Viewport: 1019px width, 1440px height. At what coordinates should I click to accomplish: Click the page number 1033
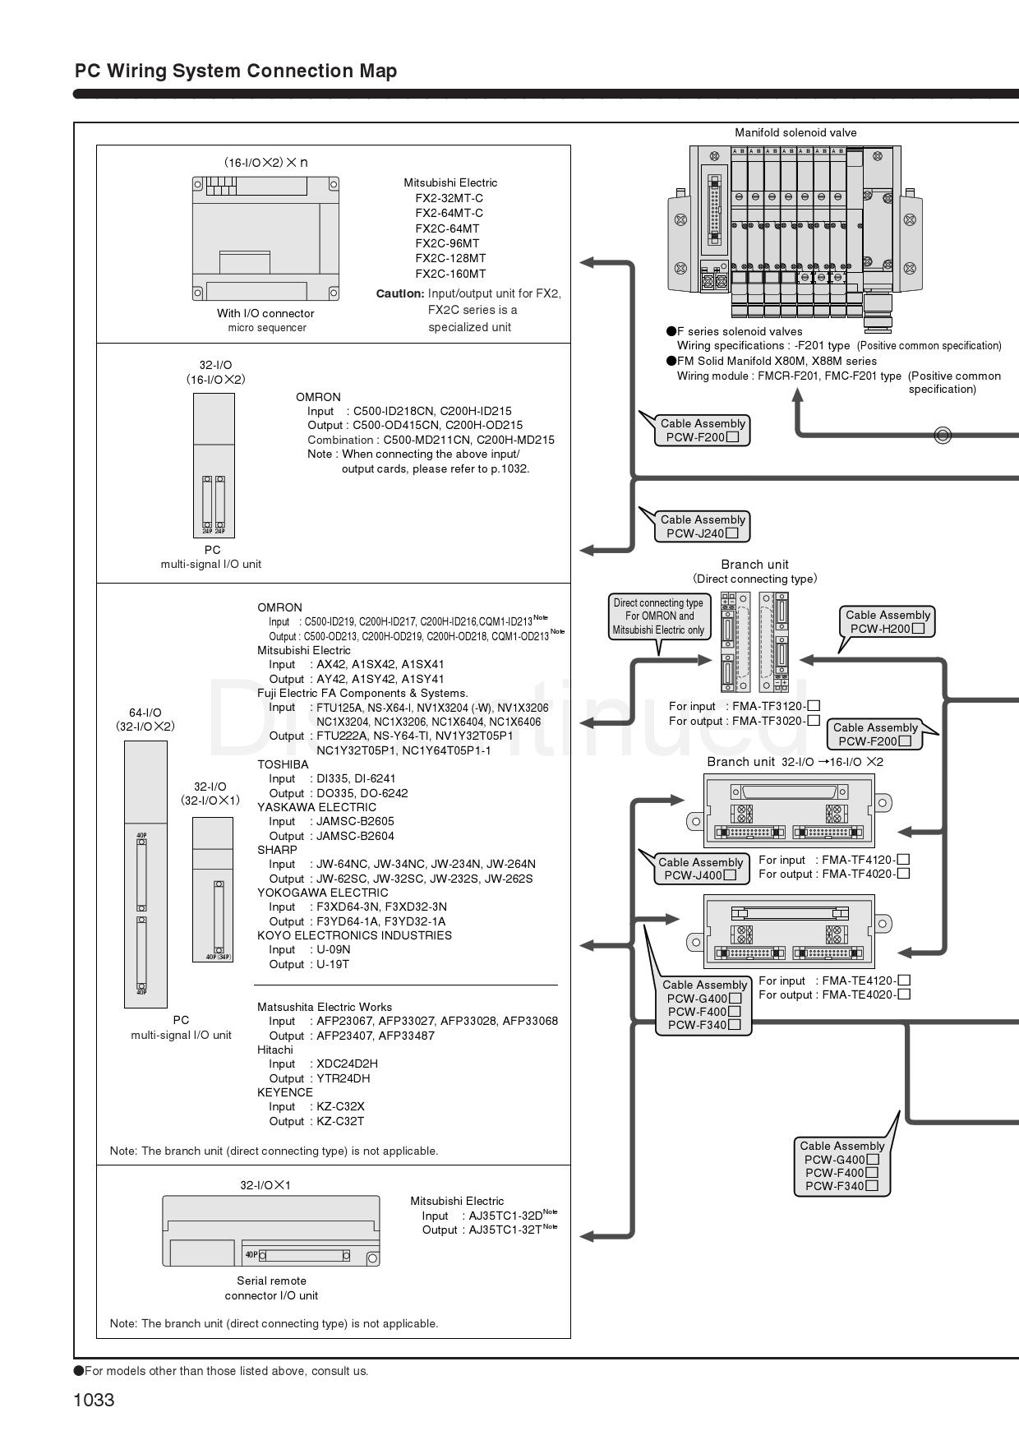tap(94, 1400)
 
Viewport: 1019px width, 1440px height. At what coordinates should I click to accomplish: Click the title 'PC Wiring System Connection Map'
tap(236, 71)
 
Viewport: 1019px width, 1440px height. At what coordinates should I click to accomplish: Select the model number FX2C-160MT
tap(450, 274)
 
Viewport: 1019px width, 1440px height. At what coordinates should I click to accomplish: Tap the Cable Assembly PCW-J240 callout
tap(703, 526)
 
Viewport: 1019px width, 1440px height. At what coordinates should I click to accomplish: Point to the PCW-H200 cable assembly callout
tap(888, 621)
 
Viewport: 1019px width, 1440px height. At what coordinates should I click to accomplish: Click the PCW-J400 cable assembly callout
tap(700, 869)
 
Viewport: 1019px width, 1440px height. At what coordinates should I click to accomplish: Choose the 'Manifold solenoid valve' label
tap(795, 132)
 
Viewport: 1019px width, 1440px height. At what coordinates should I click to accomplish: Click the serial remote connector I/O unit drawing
tap(271, 1230)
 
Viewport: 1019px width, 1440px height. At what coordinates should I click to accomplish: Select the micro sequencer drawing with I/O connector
tap(265, 238)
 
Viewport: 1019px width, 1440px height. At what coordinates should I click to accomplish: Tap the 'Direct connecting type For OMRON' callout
tap(658, 616)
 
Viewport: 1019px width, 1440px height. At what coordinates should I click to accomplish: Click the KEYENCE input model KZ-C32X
tap(340, 1106)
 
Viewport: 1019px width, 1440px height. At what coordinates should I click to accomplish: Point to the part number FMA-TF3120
tap(769, 706)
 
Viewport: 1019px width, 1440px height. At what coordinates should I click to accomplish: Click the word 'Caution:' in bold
tap(400, 293)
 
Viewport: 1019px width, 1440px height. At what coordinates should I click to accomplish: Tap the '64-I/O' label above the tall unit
tap(145, 713)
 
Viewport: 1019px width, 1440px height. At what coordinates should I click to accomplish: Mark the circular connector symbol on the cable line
tap(943, 435)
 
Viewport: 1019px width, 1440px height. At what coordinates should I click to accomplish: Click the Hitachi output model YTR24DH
tap(344, 1078)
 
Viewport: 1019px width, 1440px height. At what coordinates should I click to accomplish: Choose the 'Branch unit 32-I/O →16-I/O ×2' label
tap(795, 762)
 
